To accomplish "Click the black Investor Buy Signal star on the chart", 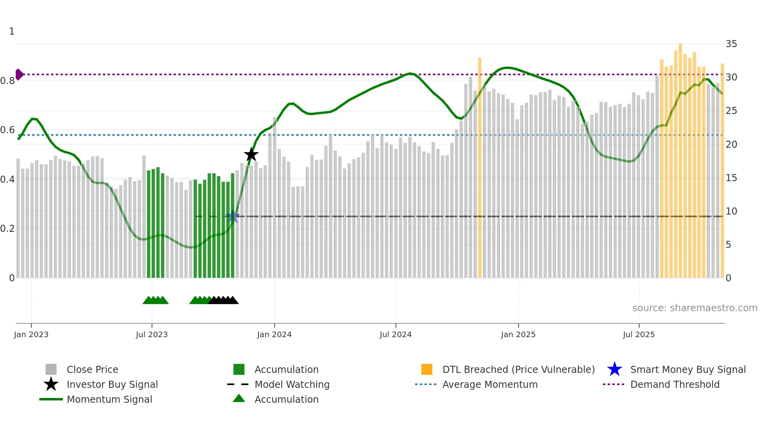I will point(251,154).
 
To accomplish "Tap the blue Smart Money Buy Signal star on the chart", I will point(233,216).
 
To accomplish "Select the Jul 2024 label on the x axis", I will point(395,334).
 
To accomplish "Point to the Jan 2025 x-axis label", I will point(518,334).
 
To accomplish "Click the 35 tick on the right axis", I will point(731,44).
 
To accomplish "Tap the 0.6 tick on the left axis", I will point(7,130).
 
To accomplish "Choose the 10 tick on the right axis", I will point(731,211).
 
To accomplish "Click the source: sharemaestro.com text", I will point(695,308).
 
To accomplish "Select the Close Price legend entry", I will point(92,369).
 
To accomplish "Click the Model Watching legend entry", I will point(292,384).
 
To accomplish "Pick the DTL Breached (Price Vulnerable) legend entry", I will point(518,369).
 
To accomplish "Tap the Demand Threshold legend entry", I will point(675,384).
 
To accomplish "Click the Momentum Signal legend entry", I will point(109,399).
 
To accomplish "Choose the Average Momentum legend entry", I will point(489,384).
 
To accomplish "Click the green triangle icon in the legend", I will point(239,398).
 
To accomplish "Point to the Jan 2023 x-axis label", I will point(31,334).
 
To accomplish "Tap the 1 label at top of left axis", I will point(12,31).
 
